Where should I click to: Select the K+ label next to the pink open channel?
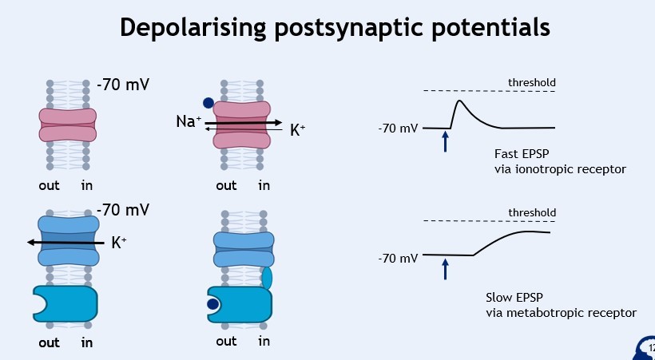tap(297, 129)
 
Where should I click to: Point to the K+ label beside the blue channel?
tap(119, 242)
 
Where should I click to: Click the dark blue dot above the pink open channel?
tap(208, 103)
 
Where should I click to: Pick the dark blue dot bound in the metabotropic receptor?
tap(213, 304)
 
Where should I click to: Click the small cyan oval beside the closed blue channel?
tap(267, 278)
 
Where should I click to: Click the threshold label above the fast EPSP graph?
tap(531, 83)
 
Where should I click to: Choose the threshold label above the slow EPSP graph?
tap(531, 212)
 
